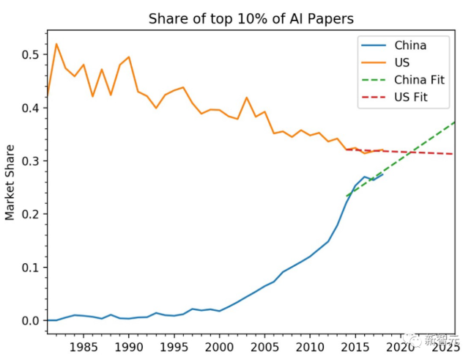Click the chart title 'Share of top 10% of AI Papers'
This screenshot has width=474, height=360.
click(251, 18)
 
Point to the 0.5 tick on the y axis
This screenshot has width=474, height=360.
click(30, 54)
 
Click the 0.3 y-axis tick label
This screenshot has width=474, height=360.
click(30, 161)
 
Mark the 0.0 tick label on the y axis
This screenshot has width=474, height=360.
click(30, 320)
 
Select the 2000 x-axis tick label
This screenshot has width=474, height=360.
click(219, 345)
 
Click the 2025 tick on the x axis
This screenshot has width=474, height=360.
click(444, 345)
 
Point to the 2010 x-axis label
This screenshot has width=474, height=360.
click(310, 345)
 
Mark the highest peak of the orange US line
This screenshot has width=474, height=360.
click(56, 44)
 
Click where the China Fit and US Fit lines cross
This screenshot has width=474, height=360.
click(410, 152)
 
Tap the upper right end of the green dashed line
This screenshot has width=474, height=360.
click(454, 122)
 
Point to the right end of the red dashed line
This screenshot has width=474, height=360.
click(454, 154)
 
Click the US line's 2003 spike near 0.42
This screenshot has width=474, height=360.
click(247, 98)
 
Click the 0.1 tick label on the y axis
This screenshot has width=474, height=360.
click(30, 267)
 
